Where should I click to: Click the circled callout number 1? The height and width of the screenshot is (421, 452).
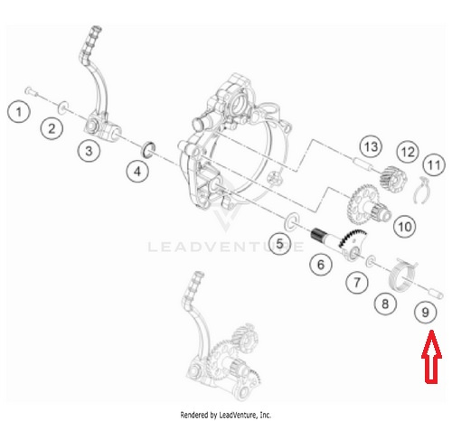19,112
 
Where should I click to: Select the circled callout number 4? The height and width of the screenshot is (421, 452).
137,172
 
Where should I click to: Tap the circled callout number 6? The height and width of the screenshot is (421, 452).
321,265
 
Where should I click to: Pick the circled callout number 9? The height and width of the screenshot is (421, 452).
425,313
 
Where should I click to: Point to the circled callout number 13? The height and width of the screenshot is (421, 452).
371,147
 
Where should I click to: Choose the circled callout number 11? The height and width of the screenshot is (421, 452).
434,165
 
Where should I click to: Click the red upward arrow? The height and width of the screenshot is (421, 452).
431,357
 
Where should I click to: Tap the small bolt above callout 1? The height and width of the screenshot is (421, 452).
31,91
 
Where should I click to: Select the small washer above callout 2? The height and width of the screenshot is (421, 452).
63,108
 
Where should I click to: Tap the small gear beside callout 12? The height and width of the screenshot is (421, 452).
392,179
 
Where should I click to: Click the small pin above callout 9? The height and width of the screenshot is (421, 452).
435,294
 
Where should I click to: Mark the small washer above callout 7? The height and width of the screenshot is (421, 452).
371,262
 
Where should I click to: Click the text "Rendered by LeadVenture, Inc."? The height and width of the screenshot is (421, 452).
226,415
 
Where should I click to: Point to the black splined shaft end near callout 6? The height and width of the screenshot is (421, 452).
317,234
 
